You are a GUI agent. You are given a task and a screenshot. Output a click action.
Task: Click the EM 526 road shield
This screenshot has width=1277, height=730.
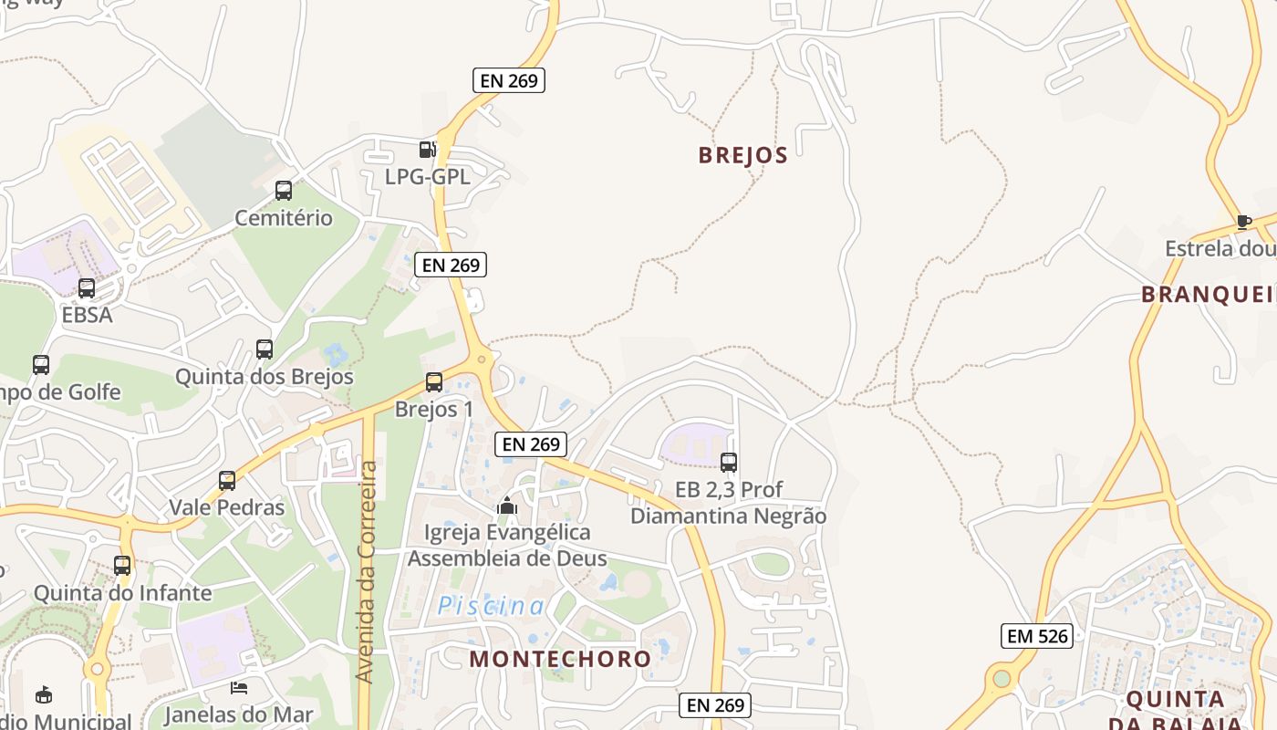(1037, 636)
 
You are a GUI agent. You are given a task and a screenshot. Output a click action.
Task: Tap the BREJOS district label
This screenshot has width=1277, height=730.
(742, 155)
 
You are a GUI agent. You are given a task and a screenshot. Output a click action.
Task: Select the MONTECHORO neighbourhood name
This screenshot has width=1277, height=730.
(560, 659)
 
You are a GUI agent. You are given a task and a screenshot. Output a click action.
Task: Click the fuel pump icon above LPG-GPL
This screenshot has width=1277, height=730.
(427, 150)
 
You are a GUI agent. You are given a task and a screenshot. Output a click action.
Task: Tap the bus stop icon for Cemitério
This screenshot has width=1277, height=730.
(284, 191)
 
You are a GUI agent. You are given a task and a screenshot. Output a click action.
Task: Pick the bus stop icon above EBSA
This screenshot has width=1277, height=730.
(87, 288)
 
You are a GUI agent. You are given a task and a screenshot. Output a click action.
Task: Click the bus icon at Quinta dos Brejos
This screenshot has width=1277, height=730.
(265, 349)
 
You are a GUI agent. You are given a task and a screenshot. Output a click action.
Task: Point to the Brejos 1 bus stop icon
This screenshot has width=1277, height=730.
(434, 382)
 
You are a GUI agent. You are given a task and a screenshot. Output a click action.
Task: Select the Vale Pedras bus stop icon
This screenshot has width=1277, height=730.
(227, 480)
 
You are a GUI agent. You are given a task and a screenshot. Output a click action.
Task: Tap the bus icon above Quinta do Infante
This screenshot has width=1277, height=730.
(122, 566)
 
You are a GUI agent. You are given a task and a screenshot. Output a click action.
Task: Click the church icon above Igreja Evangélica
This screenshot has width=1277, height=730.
(507, 505)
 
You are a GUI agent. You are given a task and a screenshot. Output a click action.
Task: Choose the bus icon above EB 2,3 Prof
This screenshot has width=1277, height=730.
(728, 463)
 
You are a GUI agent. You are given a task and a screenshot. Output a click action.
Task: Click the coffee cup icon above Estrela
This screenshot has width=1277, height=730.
(1243, 221)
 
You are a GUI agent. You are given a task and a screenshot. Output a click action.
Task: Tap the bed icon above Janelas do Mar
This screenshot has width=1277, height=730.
(239, 688)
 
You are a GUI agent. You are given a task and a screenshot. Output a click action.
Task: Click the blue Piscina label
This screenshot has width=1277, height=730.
(491, 606)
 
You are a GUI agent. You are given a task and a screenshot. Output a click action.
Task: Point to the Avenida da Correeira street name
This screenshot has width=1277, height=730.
(367, 572)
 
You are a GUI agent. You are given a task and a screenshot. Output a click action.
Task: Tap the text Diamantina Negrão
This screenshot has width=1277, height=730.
(728, 516)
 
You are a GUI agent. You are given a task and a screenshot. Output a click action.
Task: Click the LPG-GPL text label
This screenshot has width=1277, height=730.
(428, 177)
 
